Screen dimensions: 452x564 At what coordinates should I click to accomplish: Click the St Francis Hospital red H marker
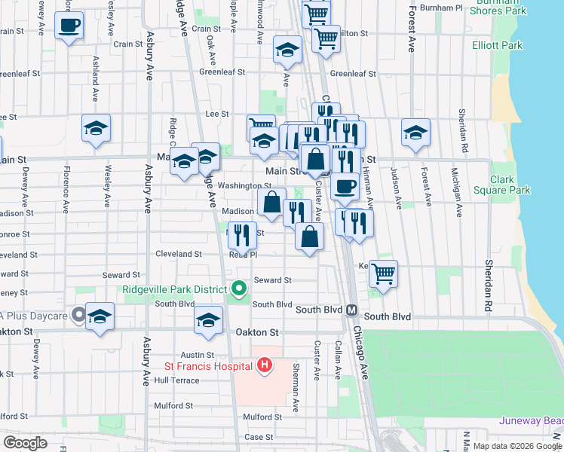click(265, 366)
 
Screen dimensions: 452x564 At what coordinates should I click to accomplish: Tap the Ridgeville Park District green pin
click(240, 289)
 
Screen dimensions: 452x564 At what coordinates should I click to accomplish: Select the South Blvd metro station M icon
click(352, 310)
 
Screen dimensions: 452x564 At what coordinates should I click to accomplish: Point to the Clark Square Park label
click(502, 185)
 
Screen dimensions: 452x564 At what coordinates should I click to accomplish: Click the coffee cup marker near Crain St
click(69, 25)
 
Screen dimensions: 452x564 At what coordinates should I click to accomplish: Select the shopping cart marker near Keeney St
click(384, 273)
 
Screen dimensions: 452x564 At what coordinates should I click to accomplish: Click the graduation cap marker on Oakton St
click(209, 319)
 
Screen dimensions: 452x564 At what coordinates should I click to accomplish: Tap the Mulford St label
click(262, 417)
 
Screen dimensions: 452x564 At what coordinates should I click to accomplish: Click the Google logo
click(25, 443)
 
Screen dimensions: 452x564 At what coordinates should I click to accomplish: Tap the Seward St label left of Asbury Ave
click(121, 276)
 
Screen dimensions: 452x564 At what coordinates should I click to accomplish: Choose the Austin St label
click(198, 355)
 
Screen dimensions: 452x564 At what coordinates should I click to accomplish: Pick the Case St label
click(258, 437)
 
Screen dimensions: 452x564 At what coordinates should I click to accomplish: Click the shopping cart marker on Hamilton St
click(325, 37)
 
